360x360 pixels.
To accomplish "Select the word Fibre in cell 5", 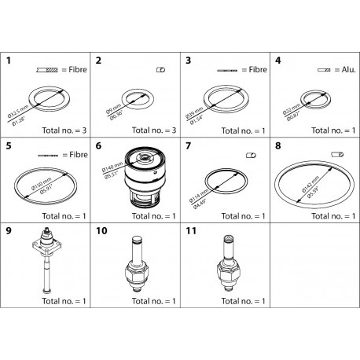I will pos(75,154).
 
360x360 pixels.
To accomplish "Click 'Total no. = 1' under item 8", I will pos(329,215).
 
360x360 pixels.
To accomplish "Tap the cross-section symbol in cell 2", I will pos(161,70).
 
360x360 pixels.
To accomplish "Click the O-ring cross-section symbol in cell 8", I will pos(339,154).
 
